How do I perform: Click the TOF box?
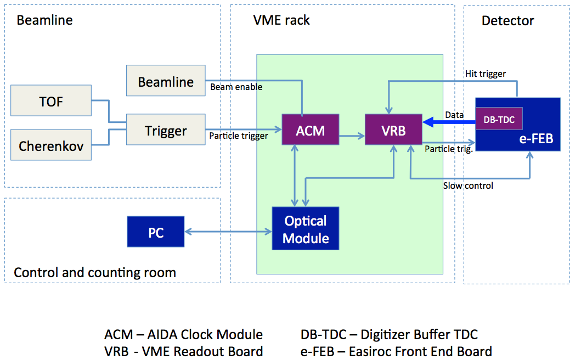tap(50, 102)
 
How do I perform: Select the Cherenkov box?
tap(50, 146)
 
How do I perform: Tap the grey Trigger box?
tap(166, 131)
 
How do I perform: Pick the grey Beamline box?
tap(166, 82)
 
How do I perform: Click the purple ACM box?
tap(310, 130)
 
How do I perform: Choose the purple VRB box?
tap(393, 130)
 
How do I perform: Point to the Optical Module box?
tap(306, 229)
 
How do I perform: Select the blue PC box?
tap(156, 233)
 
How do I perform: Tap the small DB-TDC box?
tap(499, 119)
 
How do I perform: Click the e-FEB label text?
tap(536, 139)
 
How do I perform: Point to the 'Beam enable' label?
tap(236, 87)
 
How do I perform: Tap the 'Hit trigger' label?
tap(486, 74)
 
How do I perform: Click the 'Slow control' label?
tap(468, 185)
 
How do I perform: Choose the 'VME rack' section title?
tap(281, 21)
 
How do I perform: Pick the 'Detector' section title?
tap(507, 21)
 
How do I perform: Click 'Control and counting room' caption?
tap(95, 272)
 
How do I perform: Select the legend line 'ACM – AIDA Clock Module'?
tap(184, 334)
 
